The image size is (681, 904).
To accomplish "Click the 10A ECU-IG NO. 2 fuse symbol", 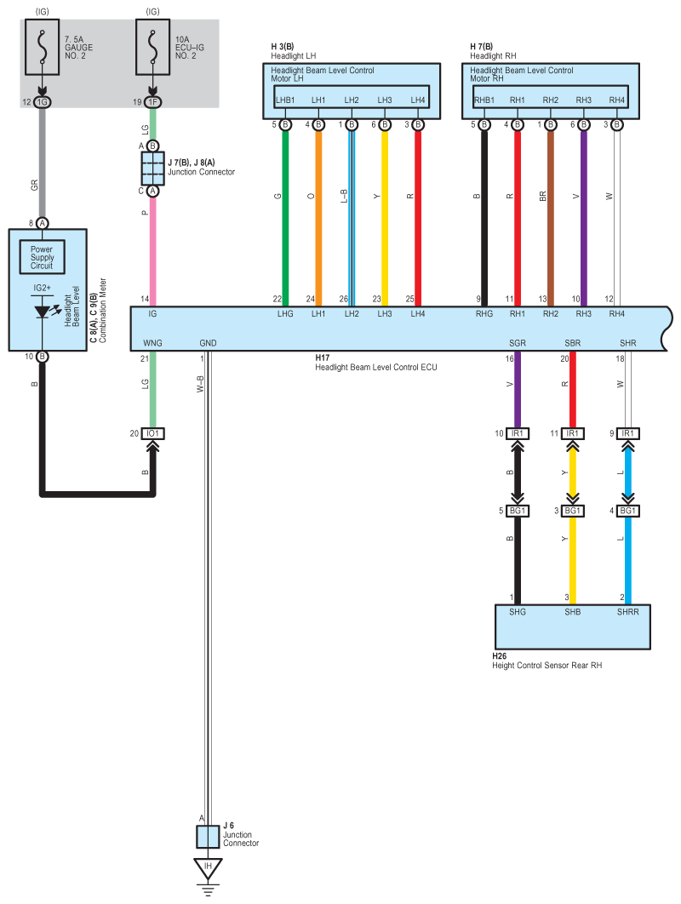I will (x=153, y=48).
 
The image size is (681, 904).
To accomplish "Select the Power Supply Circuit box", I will (x=42, y=257).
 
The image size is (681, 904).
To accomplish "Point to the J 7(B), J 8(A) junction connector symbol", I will (x=152, y=169).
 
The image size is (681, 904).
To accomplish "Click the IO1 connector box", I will (x=153, y=433).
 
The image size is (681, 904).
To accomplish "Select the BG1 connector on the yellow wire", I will (x=573, y=511).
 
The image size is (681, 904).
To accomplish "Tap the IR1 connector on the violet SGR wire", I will (x=518, y=433).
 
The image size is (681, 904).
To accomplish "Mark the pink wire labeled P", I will (x=153, y=247).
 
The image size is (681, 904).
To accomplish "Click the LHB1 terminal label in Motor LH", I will (x=284, y=100).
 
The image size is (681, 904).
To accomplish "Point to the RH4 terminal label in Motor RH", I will (x=617, y=100).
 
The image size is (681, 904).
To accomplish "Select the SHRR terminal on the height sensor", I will (x=628, y=612).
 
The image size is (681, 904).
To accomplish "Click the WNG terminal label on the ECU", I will (x=152, y=343).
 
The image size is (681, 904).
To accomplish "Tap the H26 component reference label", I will (x=499, y=656).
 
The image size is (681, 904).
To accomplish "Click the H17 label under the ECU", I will (x=323, y=358).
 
